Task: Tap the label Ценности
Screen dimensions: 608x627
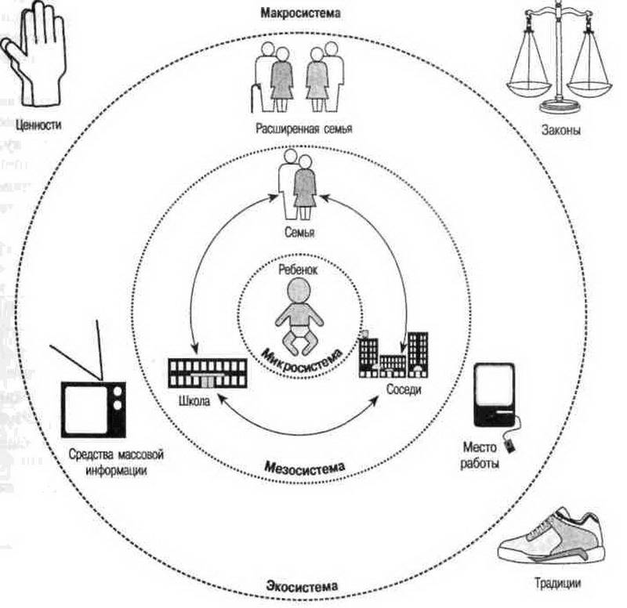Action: tap(33, 123)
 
